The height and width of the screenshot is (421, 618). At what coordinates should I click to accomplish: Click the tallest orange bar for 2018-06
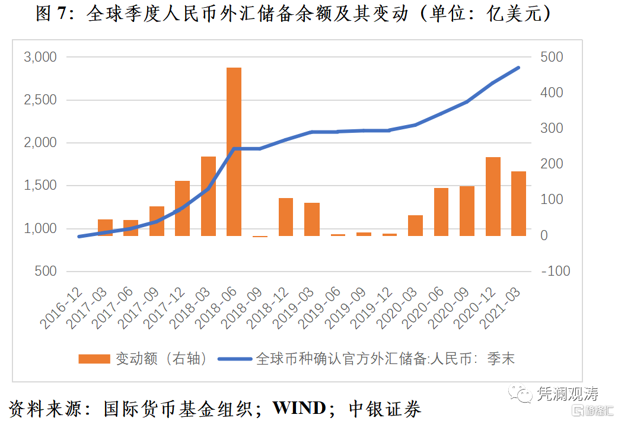click(x=234, y=152)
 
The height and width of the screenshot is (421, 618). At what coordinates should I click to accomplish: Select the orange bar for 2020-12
click(x=493, y=196)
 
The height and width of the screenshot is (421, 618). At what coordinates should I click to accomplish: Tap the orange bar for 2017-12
click(x=182, y=208)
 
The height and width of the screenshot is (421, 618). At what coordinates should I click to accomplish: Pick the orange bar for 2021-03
click(x=518, y=203)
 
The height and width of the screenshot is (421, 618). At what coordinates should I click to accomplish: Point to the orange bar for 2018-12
click(x=286, y=217)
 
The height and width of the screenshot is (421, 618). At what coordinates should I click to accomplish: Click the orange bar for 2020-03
click(x=415, y=225)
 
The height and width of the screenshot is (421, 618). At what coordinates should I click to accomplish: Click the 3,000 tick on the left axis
click(x=40, y=58)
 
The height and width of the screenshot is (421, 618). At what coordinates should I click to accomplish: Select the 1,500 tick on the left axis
click(x=40, y=186)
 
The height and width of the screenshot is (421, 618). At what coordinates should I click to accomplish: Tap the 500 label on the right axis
click(x=552, y=58)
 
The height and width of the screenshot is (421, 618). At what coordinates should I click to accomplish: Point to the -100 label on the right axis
click(x=555, y=271)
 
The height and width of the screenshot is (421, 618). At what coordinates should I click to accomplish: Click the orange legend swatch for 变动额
click(x=94, y=359)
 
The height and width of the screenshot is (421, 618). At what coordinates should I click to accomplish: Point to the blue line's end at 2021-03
click(x=518, y=68)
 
